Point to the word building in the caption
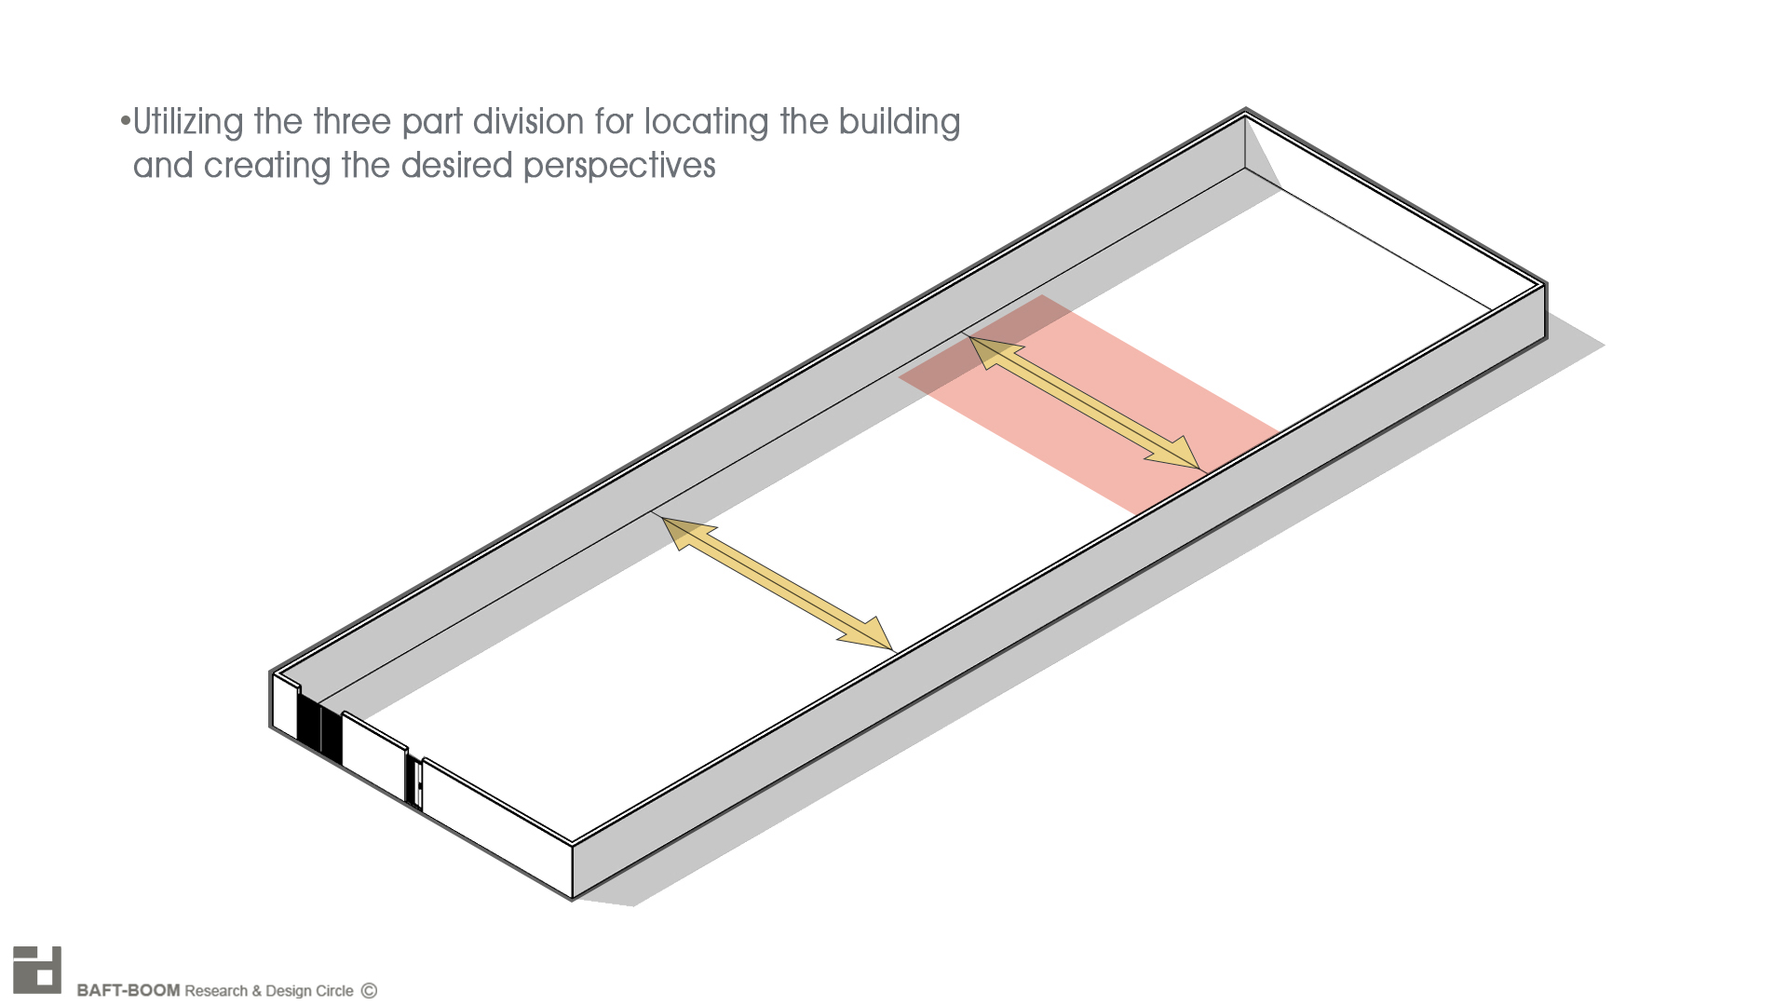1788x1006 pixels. point(899,123)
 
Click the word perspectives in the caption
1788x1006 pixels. point(619,167)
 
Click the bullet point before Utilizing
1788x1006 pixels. point(124,122)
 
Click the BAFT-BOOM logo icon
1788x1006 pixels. point(37,970)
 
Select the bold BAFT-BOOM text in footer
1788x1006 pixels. point(128,990)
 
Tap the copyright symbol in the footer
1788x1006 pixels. point(369,990)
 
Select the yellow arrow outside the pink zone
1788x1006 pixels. point(777,584)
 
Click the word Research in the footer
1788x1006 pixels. point(216,990)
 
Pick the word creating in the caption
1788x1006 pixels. point(267,167)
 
